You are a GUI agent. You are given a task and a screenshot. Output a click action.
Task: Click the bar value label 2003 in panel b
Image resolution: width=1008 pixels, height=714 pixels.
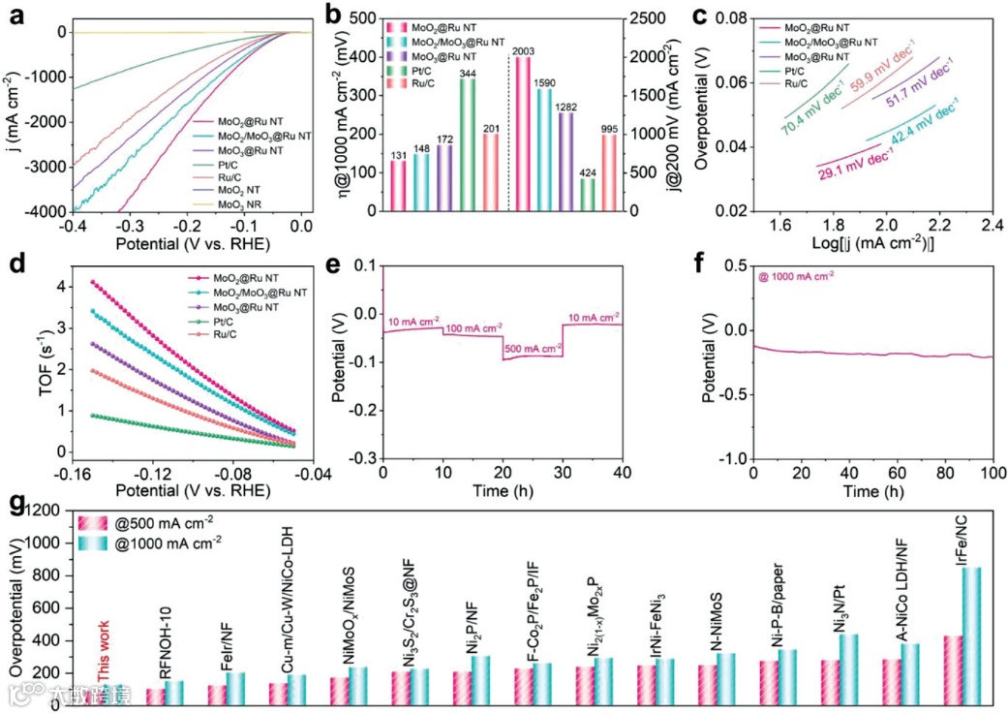[523, 51]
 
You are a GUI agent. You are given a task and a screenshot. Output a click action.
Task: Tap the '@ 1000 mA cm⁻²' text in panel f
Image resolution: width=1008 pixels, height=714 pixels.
[796, 276]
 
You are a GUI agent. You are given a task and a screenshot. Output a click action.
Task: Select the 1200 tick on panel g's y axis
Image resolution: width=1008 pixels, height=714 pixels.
[50, 512]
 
